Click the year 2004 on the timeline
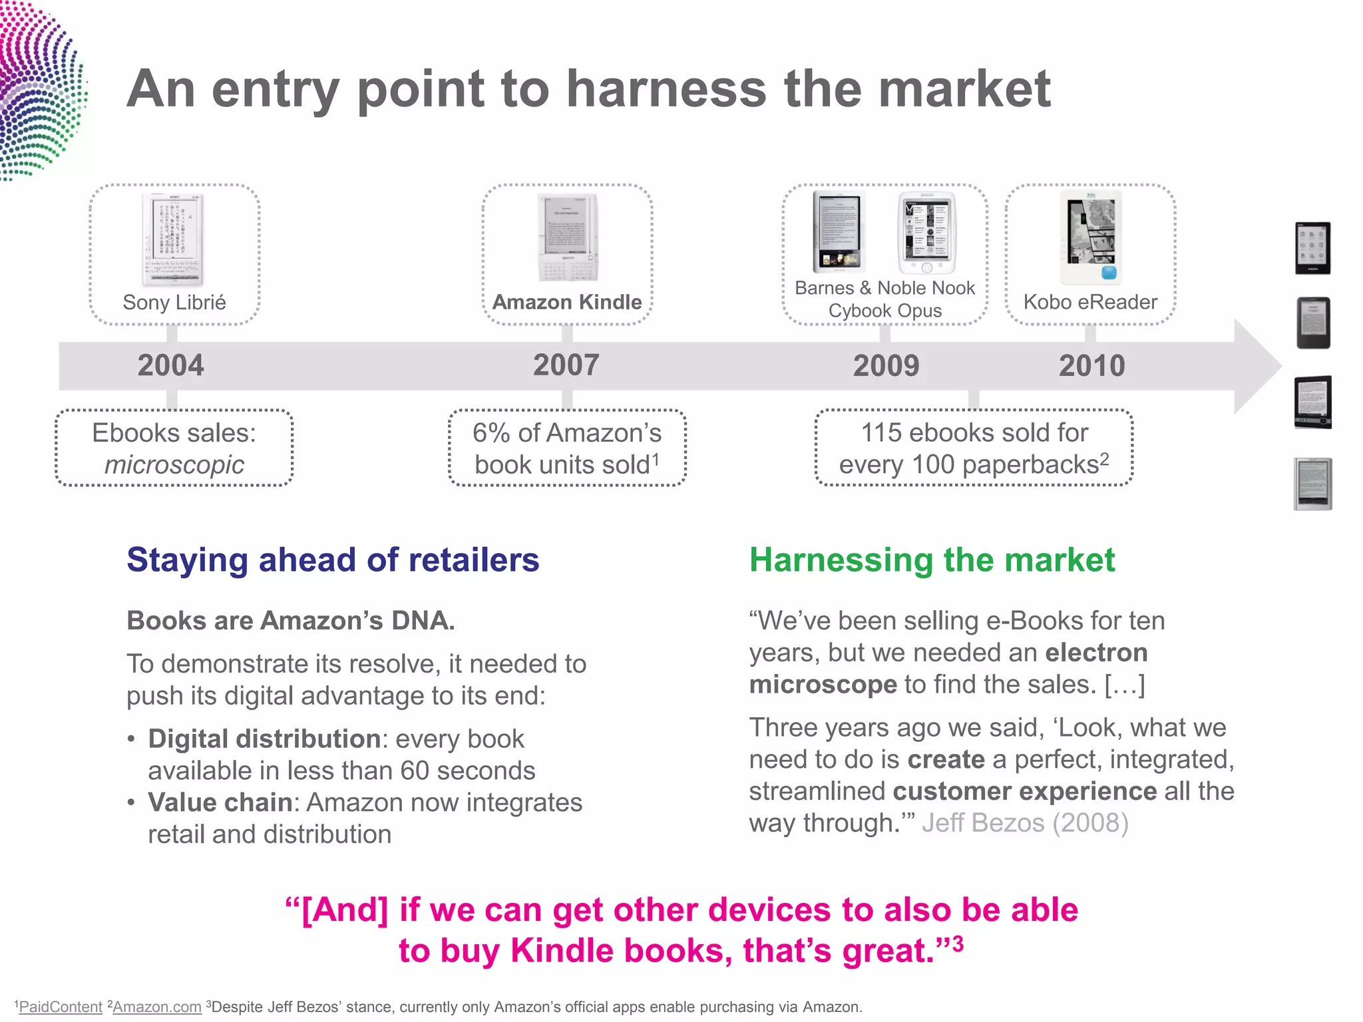[170, 365]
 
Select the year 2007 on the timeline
[566, 365]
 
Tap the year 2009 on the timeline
[886, 366]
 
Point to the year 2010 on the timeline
[1091, 366]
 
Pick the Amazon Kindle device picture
[568, 238]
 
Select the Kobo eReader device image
[1091, 238]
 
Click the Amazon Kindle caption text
[567, 302]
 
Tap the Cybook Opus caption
[884, 311]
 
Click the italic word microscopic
[174, 464]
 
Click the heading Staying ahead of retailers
[333, 560]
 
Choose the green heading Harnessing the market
[932, 560]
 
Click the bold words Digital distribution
[264, 739]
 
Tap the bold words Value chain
[220, 802]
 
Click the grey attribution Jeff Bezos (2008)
[1025, 823]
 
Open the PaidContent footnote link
[61, 1007]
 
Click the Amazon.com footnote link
[157, 1007]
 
